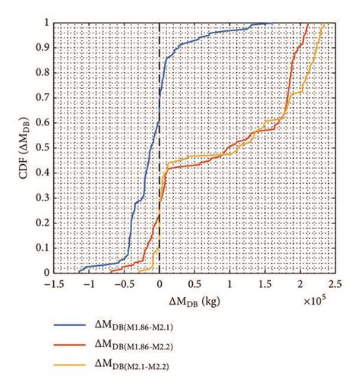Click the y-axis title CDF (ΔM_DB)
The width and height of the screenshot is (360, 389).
pos(16,148)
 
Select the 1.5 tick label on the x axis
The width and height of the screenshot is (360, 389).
pos(261,283)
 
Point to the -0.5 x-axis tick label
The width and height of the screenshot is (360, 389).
pos(122,283)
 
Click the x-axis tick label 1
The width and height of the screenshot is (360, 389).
pos(229,283)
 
